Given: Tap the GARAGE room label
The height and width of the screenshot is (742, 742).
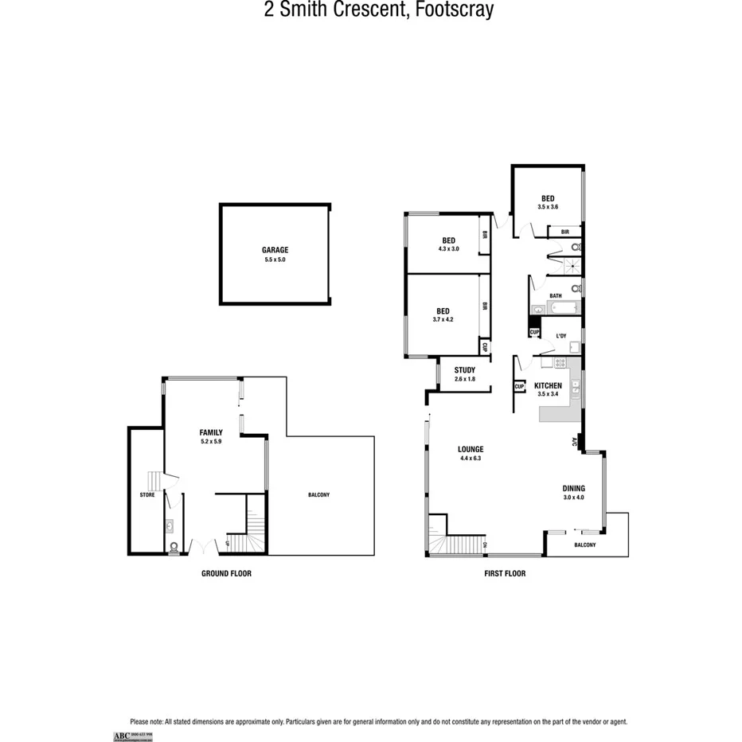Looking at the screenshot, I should coord(275,249).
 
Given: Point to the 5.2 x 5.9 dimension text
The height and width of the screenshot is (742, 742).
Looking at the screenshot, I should coord(211,441).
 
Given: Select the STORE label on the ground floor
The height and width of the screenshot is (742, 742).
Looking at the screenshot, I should coord(147,494).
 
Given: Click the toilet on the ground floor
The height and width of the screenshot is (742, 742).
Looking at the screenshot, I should coord(174,547).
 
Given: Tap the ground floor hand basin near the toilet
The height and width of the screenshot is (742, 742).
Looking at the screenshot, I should coord(170,526).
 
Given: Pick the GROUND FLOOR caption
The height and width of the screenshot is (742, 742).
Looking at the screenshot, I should coord(226,573).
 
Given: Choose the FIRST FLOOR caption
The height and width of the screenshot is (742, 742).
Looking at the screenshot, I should coord(505,573).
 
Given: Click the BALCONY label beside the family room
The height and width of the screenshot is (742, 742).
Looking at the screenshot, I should coord(318,494).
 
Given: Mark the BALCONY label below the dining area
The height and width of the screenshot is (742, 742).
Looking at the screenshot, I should coord(584,545).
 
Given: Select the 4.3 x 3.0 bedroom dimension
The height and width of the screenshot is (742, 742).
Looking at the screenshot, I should coord(448,249).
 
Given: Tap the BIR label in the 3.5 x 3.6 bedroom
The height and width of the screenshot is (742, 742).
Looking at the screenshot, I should coord(564,232).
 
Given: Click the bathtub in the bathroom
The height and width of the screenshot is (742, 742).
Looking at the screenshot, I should coord(556,309).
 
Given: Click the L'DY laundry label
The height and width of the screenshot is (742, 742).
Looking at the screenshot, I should coord(561,336).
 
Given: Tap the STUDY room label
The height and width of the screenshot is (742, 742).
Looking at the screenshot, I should coord(465,370).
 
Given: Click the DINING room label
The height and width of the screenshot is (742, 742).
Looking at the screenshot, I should coord(573,488).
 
